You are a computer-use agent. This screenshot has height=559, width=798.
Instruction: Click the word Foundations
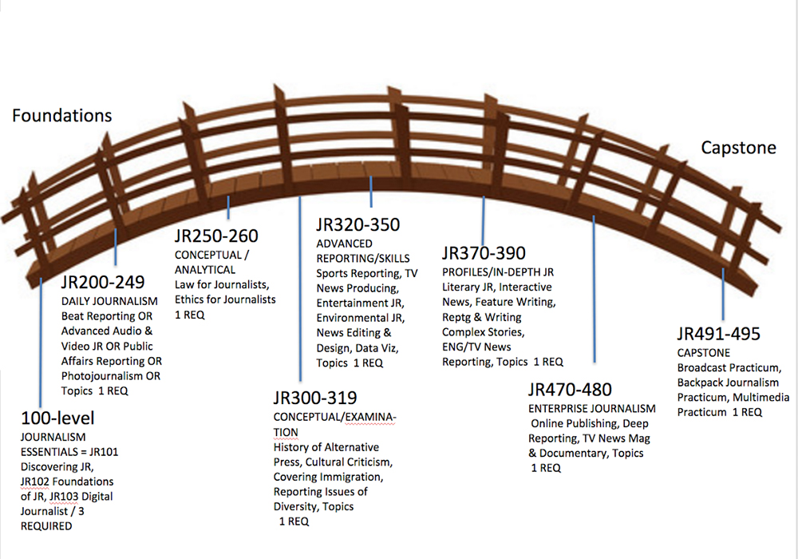[61, 116]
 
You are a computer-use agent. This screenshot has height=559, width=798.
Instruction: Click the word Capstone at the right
[737, 148]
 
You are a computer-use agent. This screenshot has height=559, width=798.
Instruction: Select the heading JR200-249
[103, 282]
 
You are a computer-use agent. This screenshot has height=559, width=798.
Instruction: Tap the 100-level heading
[58, 418]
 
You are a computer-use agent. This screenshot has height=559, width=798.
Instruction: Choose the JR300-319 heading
[315, 398]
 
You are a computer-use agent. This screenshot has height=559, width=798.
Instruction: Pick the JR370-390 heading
[484, 254]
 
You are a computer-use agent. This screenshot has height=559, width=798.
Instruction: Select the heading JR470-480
[570, 390]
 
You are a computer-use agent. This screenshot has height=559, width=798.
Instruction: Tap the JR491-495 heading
[718, 334]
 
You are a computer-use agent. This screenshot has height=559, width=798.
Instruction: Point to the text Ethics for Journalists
[225, 299]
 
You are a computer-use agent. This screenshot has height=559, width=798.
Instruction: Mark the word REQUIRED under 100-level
[46, 526]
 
